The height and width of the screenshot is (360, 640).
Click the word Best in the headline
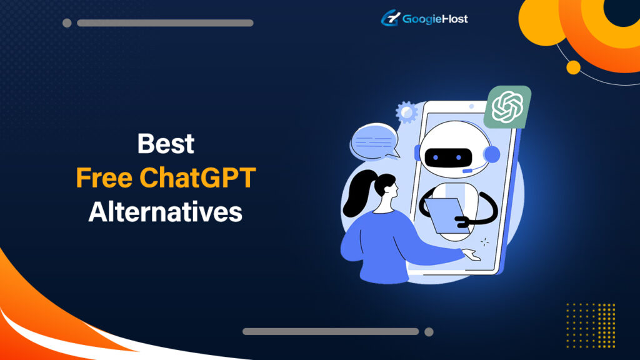click(x=166, y=144)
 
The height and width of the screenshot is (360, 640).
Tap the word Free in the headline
click(x=104, y=178)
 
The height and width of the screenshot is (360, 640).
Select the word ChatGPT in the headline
click(x=197, y=178)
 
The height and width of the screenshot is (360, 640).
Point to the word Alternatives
click(x=165, y=212)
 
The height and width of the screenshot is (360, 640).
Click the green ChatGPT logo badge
click(x=507, y=107)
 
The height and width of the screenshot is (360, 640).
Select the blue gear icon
click(x=406, y=112)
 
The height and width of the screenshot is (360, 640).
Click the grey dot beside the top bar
click(x=67, y=23)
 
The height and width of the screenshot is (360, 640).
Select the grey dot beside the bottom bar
click(x=429, y=331)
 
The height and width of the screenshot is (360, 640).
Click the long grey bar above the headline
click(x=165, y=23)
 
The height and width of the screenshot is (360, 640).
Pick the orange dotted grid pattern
click(x=591, y=324)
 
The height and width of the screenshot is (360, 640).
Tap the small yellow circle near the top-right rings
click(x=572, y=67)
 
